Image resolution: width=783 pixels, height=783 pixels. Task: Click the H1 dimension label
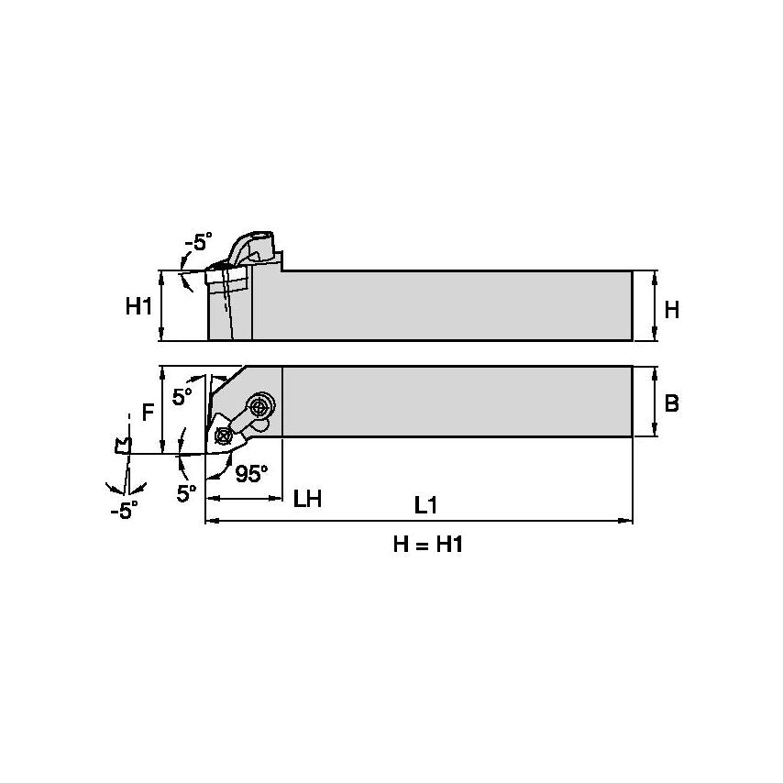(x=138, y=307)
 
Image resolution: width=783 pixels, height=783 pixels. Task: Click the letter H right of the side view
(x=671, y=310)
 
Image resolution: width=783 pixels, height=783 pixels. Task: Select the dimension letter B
(x=671, y=403)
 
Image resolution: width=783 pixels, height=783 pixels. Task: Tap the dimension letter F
(x=147, y=414)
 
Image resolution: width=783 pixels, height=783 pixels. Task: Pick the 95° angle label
(x=251, y=474)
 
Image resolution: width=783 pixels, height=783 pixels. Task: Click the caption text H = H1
(x=426, y=546)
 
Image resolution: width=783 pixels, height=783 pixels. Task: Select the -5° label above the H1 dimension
(x=197, y=243)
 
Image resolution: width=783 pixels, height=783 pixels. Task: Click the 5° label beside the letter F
(x=182, y=397)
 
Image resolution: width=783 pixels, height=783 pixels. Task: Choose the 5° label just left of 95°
(x=187, y=492)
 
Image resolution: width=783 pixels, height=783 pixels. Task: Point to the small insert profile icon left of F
(x=119, y=447)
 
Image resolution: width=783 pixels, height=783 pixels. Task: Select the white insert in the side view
(x=225, y=276)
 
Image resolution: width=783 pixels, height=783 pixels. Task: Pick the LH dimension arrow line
(x=244, y=498)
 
